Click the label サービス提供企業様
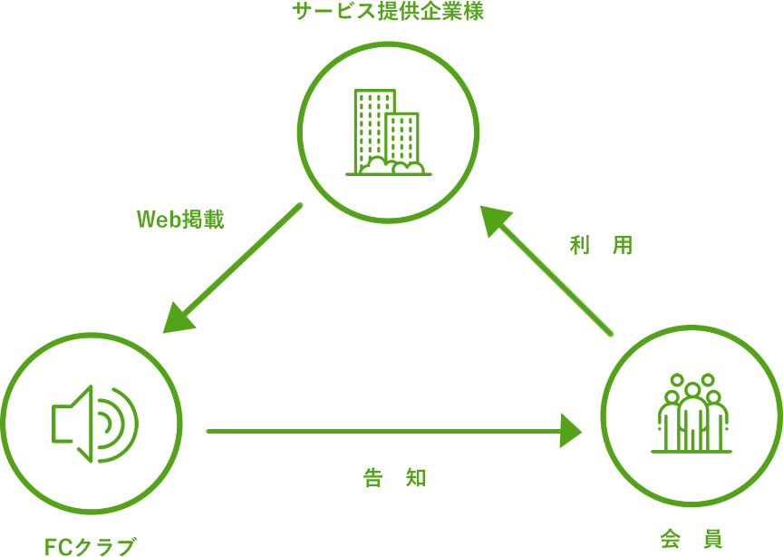click(388, 13)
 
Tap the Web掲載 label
click(179, 220)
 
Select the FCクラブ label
click(90, 546)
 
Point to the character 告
click(373, 478)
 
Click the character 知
click(416, 478)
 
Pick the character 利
click(580, 245)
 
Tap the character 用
click(623, 245)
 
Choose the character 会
click(671, 539)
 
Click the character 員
click(712, 539)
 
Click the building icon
click(388, 132)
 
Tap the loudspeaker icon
click(94, 423)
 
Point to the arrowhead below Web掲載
click(178, 318)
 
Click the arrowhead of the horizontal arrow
click(570, 431)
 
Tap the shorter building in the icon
click(402, 136)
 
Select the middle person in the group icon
click(692, 415)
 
